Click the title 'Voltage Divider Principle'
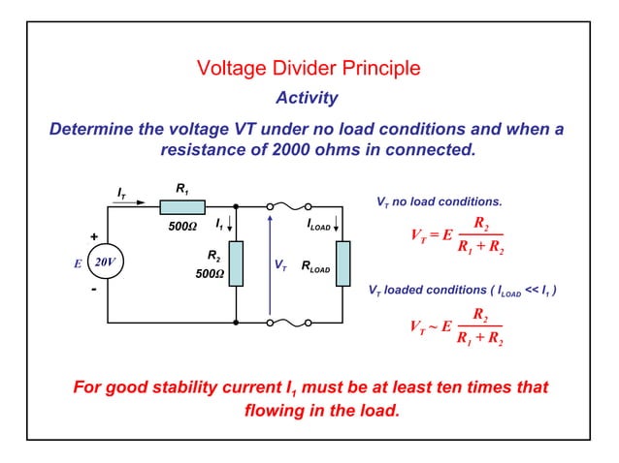pos(309,69)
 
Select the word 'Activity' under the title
pos(307,98)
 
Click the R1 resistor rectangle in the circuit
pos(182,206)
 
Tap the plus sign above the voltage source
pos(94,236)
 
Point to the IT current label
pos(120,194)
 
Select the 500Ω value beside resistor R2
pos(210,273)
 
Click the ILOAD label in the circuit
pos(319,225)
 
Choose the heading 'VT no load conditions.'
pos(439,202)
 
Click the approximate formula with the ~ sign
pos(455,325)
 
